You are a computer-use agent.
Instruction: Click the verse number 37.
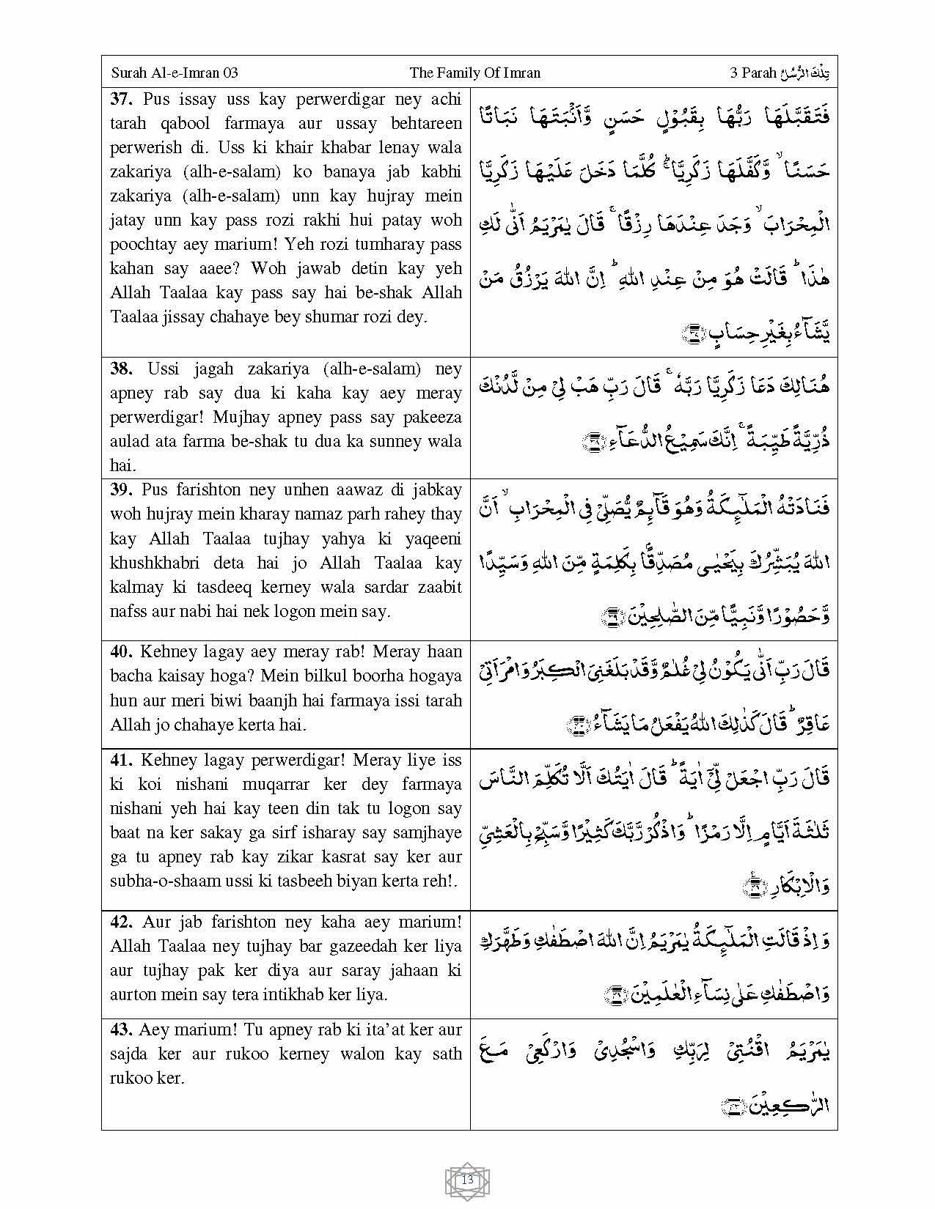122,99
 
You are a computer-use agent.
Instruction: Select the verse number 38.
122,369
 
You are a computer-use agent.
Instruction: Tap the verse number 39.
122,489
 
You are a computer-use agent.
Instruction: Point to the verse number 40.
122,651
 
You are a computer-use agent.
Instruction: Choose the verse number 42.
122,922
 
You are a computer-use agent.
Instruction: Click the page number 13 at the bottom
468,1180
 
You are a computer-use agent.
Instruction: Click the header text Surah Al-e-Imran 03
175,73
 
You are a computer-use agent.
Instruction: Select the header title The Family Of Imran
474,73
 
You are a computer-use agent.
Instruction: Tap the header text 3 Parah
753,73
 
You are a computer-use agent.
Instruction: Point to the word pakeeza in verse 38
432,417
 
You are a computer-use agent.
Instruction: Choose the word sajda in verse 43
131,1054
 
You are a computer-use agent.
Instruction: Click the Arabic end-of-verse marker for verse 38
590,441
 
